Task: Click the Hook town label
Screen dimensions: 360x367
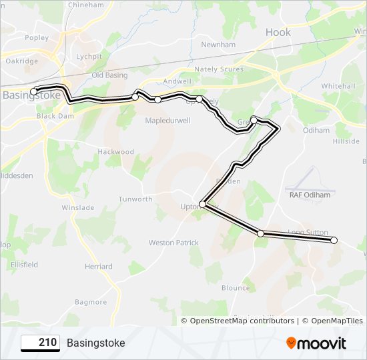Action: click(278, 32)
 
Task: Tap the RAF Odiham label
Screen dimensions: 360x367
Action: click(310, 195)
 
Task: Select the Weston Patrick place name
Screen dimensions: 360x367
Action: click(173, 243)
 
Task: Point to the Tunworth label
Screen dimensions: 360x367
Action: click(135, 199)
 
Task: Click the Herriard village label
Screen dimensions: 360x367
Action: click(98, 267)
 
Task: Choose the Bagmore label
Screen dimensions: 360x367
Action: click(91, 302)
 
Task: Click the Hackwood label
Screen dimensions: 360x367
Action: click(116, 152)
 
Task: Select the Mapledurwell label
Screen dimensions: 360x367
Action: click(168, 121)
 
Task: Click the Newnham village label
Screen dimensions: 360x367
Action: click(219, 45)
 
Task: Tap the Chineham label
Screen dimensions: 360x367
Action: click(85, 5)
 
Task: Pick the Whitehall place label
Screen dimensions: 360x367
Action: click(338, 87)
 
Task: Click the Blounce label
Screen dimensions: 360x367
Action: click(236, 288)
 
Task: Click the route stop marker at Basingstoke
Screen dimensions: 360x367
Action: click(34, 91)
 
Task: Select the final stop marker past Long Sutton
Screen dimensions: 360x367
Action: click(334, 240)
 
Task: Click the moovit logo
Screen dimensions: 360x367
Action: click(316, 343)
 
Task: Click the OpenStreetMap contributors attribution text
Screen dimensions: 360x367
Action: click(242, 321)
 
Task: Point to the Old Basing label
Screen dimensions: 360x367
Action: click(109, 75)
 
